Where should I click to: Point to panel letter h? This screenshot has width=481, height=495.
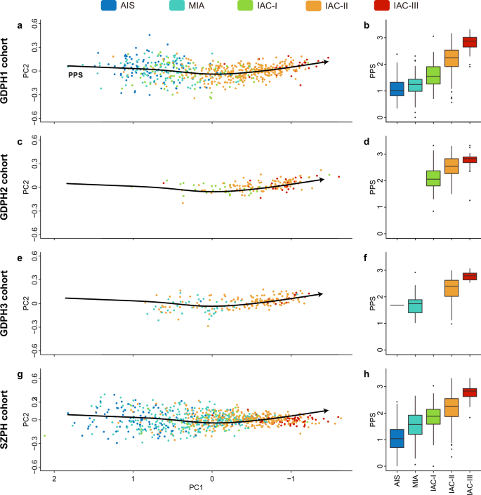[x=364, y=374]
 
